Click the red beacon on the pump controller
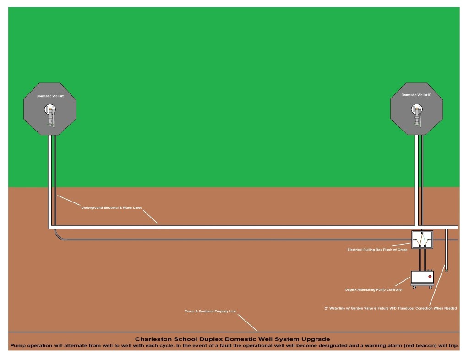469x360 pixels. point(430,277)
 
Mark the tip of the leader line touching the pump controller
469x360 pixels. point(410,278)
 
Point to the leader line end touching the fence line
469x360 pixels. point(256,331)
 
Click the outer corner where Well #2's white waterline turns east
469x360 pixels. point(49,229)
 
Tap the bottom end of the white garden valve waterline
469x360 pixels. point(446,270)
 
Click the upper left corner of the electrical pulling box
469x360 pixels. point(412,231)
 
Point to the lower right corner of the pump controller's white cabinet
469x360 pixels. point(433,285)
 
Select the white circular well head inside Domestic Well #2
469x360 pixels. point(50,109)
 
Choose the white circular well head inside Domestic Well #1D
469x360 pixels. point(417,109)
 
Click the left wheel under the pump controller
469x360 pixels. point(414,287)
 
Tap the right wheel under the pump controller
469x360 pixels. point(431,287)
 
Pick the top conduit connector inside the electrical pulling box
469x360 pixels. point(422,232)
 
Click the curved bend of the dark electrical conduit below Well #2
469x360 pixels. point(57,236)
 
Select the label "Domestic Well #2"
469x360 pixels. point(50,96)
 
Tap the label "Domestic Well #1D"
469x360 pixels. point(416,95)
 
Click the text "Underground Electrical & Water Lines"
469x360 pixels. point(112,207)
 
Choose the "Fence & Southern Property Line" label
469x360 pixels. point(211,311)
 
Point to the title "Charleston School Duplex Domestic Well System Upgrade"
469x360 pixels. point(232,339)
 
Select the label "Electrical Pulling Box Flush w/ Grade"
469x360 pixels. point(377,250)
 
